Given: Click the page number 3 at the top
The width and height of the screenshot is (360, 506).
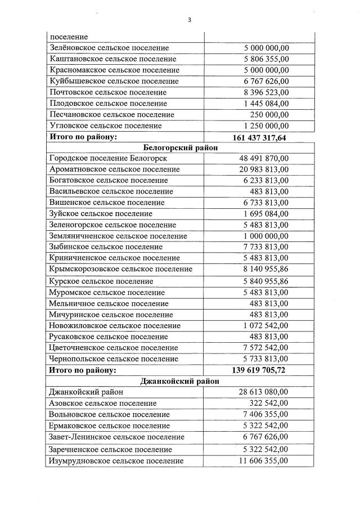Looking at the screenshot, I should tap(190, 20).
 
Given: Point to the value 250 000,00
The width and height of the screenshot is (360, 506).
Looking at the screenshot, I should tap(269, 115).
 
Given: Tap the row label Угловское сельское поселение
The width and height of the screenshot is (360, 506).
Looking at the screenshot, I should tap(105, 126).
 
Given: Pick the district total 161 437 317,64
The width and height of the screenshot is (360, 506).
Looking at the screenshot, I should tap(259, 137).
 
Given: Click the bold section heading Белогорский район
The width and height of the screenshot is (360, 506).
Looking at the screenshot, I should tap(180, 147).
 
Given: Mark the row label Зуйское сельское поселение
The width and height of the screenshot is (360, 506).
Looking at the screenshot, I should tap(101, 214).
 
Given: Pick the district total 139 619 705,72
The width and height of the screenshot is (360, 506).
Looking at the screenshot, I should tap(259, 370).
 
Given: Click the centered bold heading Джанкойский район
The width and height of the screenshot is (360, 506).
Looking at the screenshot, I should tap(180, 381).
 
